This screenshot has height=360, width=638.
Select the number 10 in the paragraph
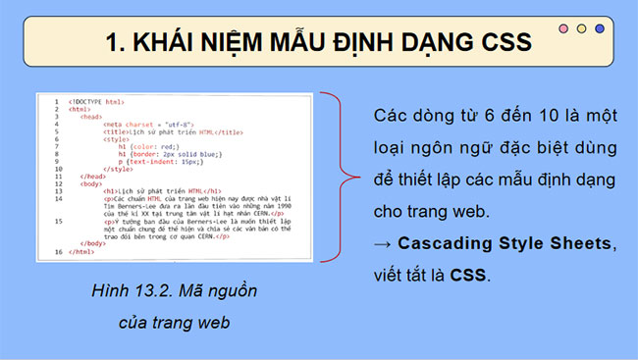(540, 116)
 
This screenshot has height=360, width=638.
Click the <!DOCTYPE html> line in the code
(96, 101)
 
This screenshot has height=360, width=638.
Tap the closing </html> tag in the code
(83, 252)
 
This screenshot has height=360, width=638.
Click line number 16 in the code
(58, 252)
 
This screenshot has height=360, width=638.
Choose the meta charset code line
(144, 125)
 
